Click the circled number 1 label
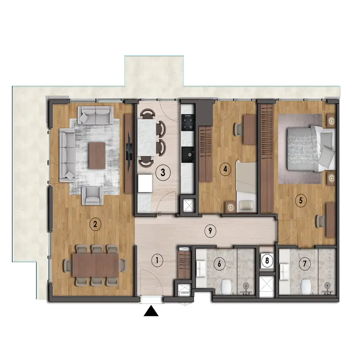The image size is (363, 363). coord(157,260)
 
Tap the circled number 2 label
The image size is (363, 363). coord(95,224)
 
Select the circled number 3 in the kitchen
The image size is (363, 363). coord(163,172)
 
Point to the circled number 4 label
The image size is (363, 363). coord(225,169)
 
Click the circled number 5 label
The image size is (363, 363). coord(301,200)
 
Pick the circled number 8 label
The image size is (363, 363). coord(267,261)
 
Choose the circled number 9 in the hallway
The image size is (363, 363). coord(210,231)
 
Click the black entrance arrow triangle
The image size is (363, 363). coord(151,311)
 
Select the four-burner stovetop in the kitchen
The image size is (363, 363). coord(187,122)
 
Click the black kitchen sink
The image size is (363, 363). coord(187,155)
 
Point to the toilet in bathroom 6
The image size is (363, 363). coord(226,287)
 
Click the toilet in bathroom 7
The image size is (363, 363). coord(305,287)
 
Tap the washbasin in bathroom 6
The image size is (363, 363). coord(201,269)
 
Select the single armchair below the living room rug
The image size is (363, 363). coord(93,196)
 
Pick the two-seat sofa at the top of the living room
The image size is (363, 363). coord(95,115)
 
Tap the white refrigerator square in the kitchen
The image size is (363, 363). coord(145,183)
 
